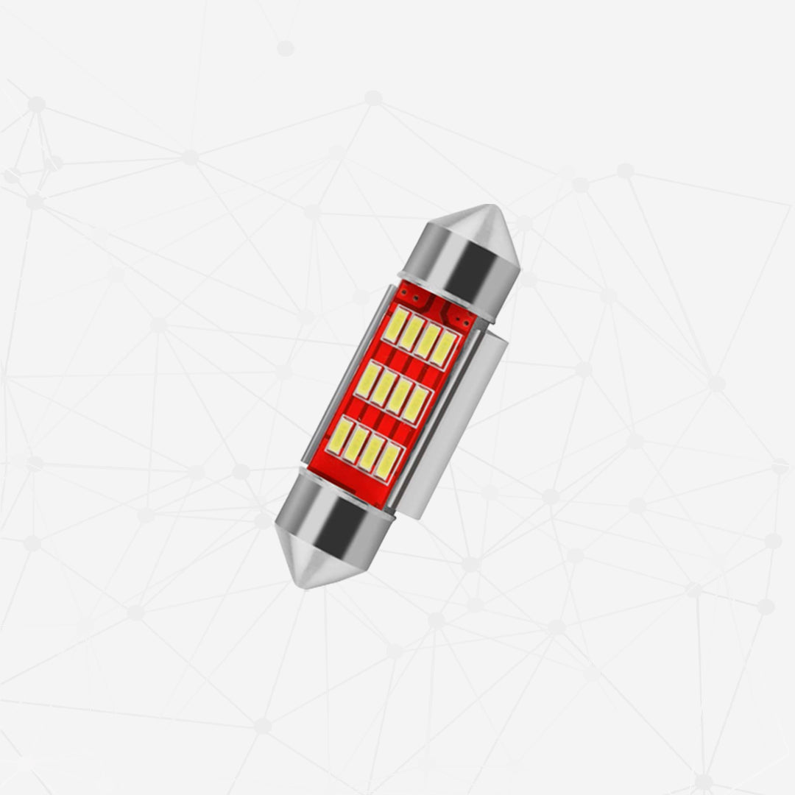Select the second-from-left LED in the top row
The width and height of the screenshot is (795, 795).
(x=412, y=332)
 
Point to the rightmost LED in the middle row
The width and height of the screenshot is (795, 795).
(x=416, y=404)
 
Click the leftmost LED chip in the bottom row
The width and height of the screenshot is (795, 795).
(x=341, y=436)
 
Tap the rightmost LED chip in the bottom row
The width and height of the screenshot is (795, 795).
(x=388, y=460)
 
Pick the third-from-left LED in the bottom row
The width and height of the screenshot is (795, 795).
(x=372, y=452)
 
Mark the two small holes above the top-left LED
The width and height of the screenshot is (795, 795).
(x=411, y=298)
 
